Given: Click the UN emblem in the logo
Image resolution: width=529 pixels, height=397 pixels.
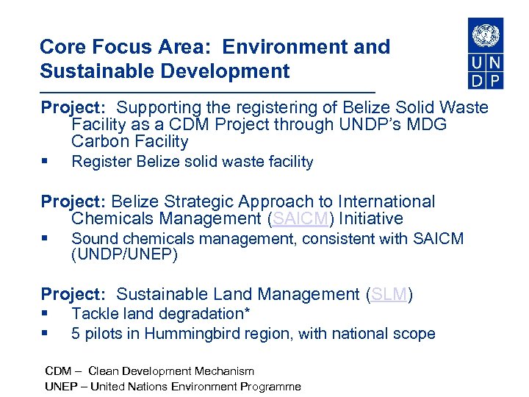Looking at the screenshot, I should click(x=486, y=35).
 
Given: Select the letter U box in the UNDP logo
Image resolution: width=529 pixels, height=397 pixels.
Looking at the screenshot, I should click(x=477, y=62).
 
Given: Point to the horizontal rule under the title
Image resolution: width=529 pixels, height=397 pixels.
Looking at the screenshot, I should click(x=207, y=91).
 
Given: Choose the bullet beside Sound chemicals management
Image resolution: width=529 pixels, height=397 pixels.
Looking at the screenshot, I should click(x=45, y=239).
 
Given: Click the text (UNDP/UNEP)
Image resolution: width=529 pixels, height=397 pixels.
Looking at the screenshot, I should click(x=124, y=255).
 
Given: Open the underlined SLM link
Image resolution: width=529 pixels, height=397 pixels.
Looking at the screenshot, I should click(x=389, y=295).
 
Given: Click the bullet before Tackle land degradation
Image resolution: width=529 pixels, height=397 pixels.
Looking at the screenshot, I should click(x=45, y=315).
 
